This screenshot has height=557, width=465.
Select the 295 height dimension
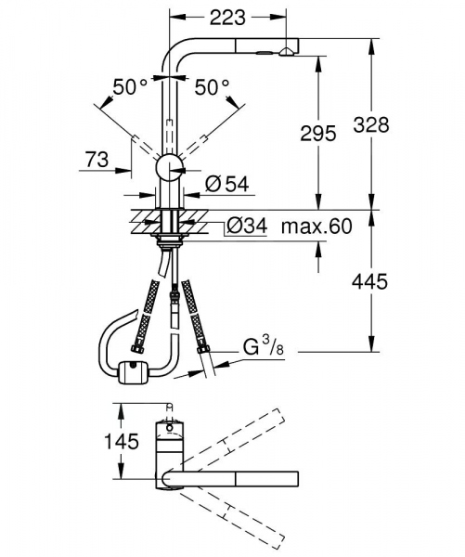pos(317,135)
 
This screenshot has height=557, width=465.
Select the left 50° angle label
pos(130,87)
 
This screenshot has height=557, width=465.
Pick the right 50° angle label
pos(211,87)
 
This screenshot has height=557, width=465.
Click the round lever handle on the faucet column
pos(169,168)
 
